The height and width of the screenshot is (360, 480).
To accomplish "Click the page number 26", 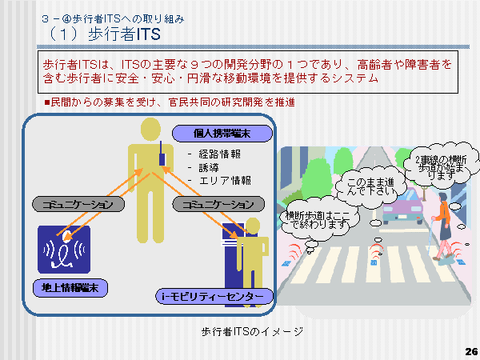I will (x=470, y=350).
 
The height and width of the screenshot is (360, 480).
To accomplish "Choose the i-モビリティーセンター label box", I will (x=214, y=298).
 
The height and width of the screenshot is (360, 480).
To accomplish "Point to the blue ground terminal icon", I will (x=64, y=249).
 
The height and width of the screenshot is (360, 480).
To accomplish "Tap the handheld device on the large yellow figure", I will (x=162, y=154).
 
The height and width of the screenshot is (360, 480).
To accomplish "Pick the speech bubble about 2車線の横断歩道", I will (x=435, y=166).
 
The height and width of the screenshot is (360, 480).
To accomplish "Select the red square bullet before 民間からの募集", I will (x=46, y=102).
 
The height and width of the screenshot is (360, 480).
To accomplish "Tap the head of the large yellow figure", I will (x=150, y=128).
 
